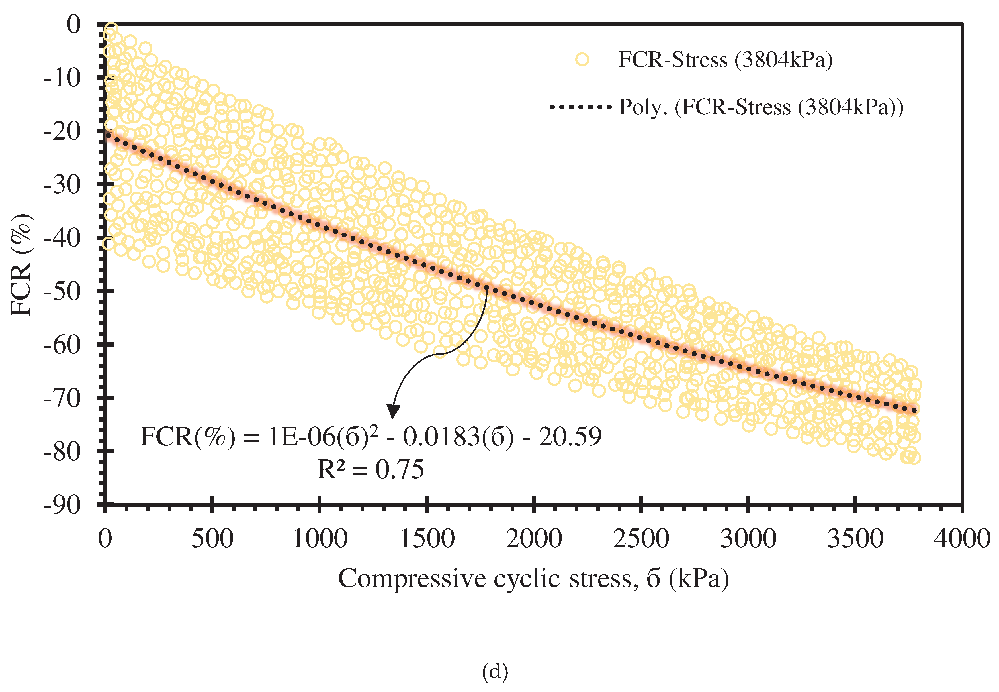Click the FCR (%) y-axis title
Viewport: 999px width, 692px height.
[x=22, y=264]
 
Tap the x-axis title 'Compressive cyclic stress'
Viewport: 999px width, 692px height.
[x=533, y=579]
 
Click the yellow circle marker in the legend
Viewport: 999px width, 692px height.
[x=582, y=59]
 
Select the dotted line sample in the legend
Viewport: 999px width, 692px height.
[x=580, y=107]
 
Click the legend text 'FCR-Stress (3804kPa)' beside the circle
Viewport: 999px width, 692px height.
[x=725, y=59]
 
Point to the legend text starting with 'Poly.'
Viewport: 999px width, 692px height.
[x=761, y=107]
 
